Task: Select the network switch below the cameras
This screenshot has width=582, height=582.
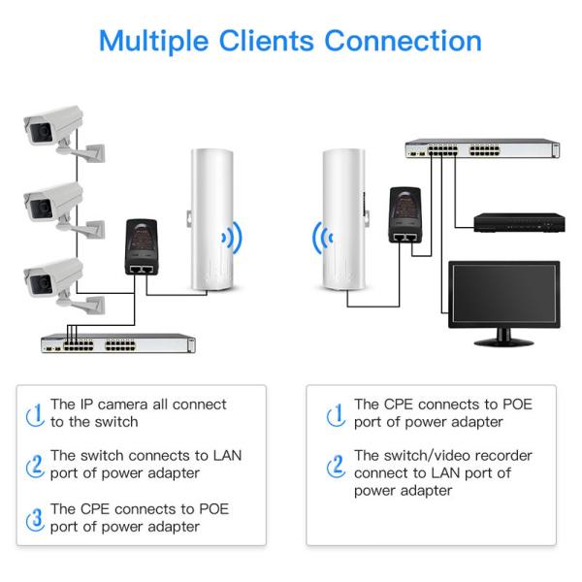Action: click(116, 342)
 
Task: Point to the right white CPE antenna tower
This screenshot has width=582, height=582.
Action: click(344, 219)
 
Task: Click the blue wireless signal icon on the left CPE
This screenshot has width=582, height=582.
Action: click(231, 237)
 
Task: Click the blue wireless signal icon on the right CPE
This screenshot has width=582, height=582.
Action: click(321, 237)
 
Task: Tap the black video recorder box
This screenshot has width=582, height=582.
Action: click(518, 221)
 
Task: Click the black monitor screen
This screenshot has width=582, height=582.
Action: click(503, 296)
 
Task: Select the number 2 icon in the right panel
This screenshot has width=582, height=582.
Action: click(337, 465)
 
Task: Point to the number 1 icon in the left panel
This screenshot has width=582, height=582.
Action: click(35, 413)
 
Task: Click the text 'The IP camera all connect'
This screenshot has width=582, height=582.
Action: click(138, 404)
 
